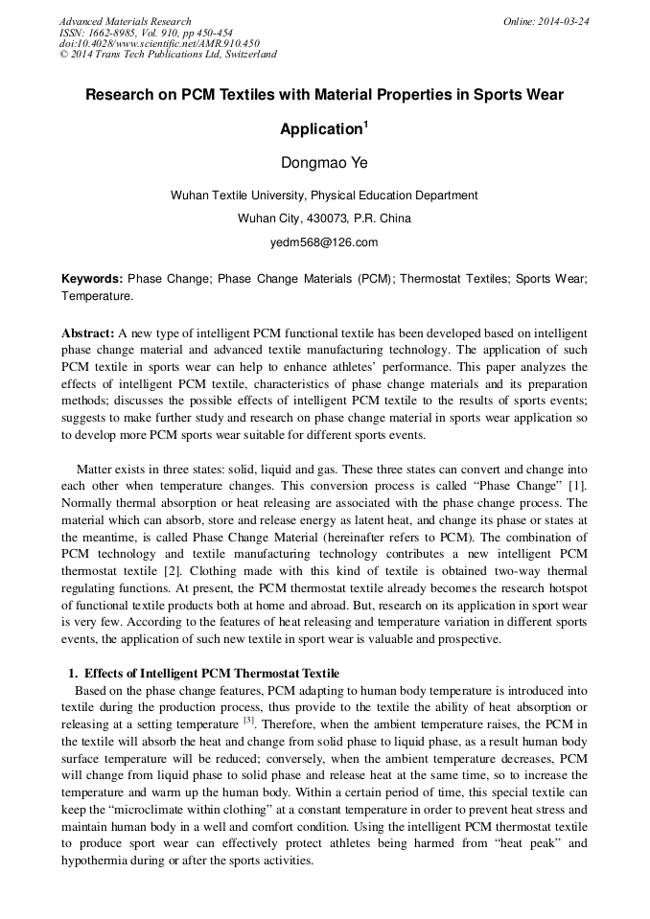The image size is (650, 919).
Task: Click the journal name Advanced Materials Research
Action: pos(126,21)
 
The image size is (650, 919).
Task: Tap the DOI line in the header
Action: pos(159,43)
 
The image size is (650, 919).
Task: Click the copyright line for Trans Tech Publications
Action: pos(168,55)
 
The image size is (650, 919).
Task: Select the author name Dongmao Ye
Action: pos(324,162)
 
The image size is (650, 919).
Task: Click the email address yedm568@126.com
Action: pos(324,242)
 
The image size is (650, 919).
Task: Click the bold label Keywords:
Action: pos(92,279)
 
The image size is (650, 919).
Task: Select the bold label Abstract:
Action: pos(88,333)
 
